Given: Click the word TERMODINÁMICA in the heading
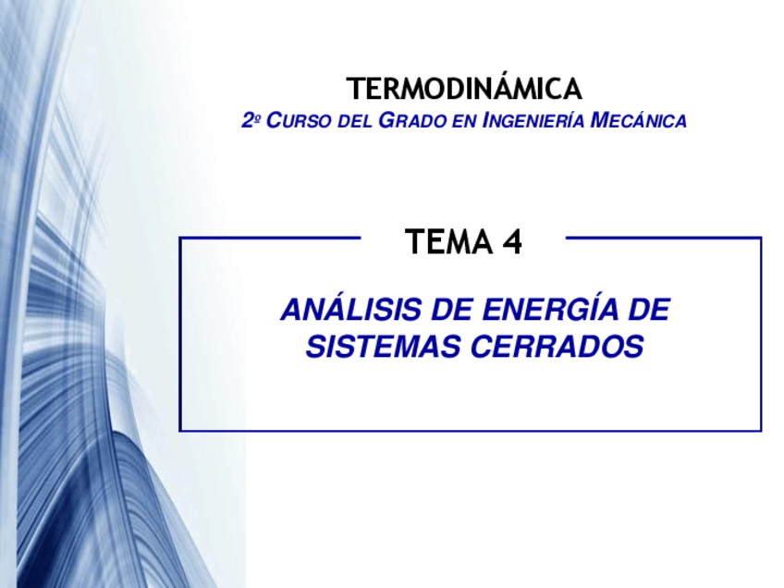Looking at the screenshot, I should [464, 90].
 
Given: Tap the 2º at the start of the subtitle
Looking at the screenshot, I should [249, 121].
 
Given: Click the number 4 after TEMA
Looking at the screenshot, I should [512, 242].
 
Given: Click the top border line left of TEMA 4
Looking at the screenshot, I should [268, 238].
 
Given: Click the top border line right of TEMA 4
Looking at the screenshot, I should [662, 238].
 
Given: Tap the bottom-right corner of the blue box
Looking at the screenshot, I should [760, 430].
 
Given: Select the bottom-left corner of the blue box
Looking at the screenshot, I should [180, 430].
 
